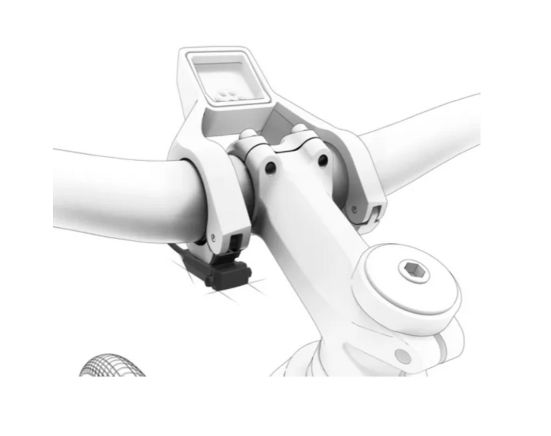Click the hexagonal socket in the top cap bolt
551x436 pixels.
414,271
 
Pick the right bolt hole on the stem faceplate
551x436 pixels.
323,161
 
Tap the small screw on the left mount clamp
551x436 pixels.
213,238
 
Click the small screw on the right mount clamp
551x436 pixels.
354,210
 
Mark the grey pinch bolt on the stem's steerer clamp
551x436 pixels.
402,355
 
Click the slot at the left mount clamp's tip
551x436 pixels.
235,241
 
